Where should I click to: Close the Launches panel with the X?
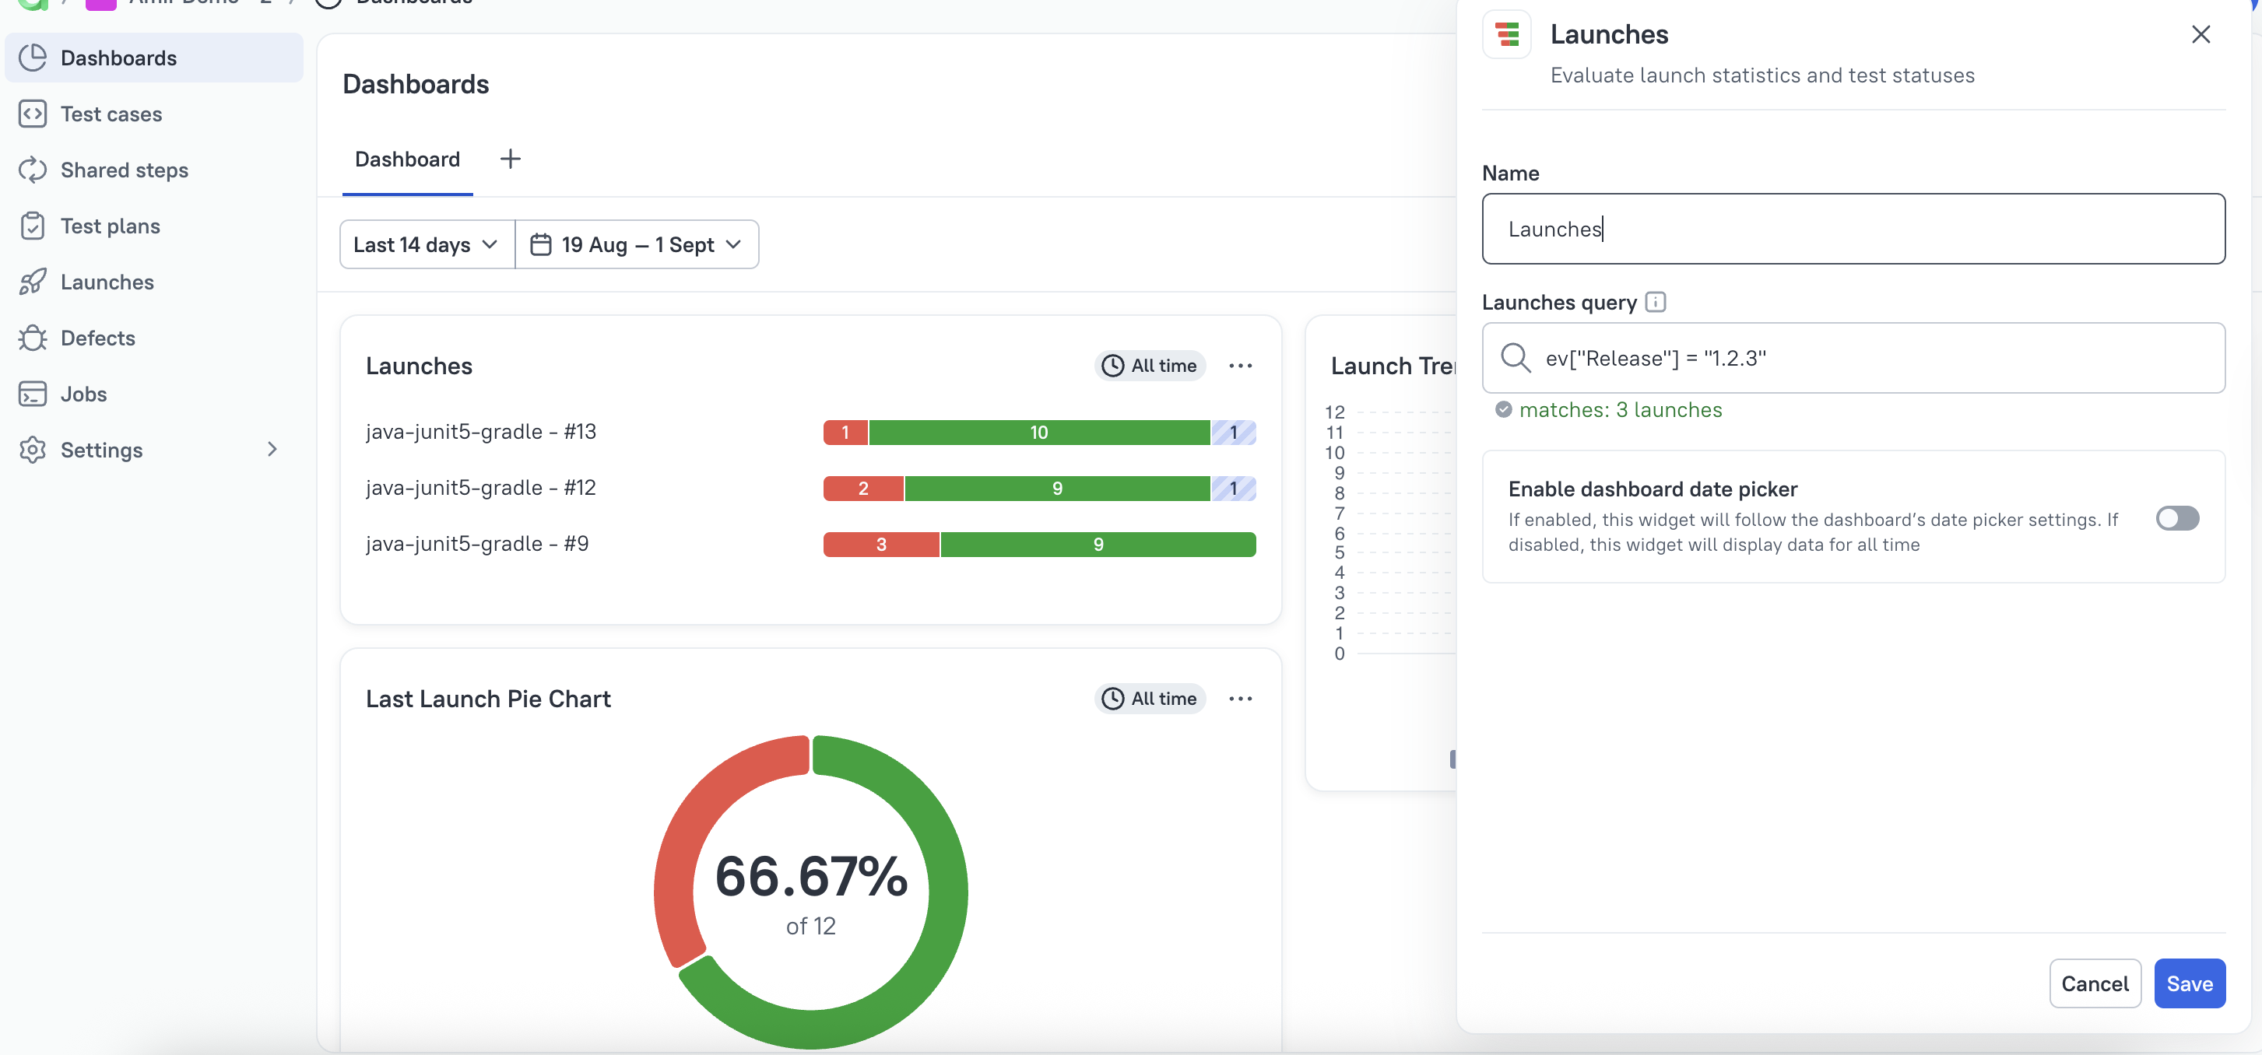(x=2200, y=34)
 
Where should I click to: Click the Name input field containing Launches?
(x=1853, y=229)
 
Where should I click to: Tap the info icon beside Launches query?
(x=1655, y=302)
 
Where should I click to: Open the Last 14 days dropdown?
(x=426, y=245)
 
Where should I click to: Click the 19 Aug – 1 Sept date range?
(x=637, y=245)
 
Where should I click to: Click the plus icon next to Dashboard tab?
(x=510, y=159)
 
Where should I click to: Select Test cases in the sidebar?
(x=111, y=114)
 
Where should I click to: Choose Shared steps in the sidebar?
(x=124, y=170)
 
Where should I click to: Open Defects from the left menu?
(x=97, y=338)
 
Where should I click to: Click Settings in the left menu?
(x=101, y=450)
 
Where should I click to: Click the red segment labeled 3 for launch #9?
(x=880, y=544)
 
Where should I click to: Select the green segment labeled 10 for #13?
(x=1039, y=432)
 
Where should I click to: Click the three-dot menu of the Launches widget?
(x=1240, y=366)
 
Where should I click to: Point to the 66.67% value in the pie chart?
(x=810, y=876)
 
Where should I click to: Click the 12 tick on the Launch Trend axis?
(x=1334, y=412)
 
